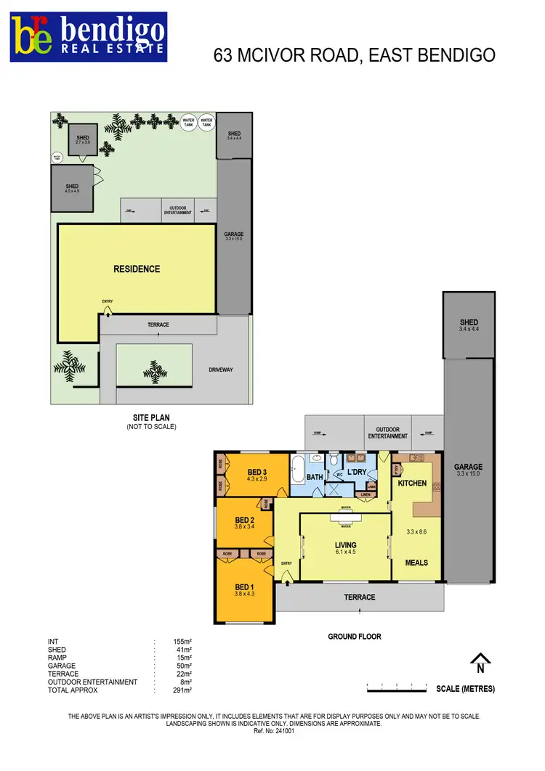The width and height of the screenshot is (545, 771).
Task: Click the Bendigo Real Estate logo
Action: (x=88, y=37)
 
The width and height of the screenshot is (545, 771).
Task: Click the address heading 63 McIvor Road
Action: (x=355, y=55)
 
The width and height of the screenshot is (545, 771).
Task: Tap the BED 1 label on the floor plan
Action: (x=244, y=587)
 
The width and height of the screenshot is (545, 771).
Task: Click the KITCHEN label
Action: (x=411, y=483)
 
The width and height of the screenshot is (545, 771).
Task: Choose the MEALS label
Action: (x=416, y=563)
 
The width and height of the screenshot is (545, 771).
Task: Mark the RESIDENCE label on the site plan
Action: (x=137, y=269)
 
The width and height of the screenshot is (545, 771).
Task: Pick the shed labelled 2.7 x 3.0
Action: (x=82, y=139)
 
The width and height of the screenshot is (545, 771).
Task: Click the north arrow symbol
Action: (x=480, y=664)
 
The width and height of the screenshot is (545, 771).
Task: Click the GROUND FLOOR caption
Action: (x=355, y=637)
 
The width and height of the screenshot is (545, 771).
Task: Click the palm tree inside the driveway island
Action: (x=154, y=370)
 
